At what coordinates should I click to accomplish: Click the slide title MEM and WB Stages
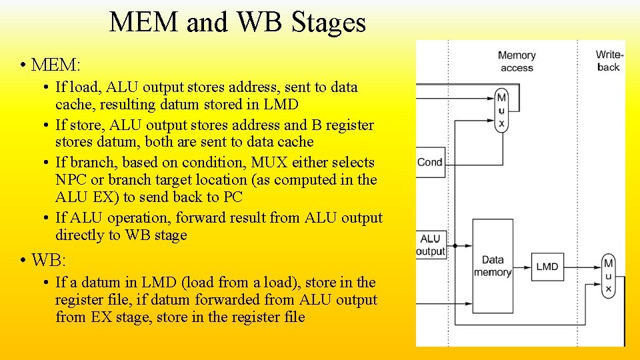point(237,22)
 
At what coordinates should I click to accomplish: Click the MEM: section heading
point(55,65)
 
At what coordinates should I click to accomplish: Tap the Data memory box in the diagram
point(493,266)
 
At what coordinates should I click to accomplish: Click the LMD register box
point(547,267)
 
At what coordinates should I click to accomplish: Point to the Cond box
point(430,162)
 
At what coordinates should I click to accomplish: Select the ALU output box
point(431,245)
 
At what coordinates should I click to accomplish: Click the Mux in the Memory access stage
point(501,110)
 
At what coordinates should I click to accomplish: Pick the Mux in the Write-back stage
point(608,275)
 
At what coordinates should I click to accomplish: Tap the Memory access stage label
point(517,61)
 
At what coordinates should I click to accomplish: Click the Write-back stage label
point(609,61)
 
